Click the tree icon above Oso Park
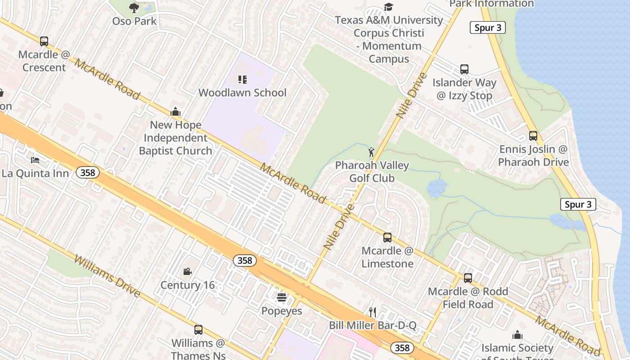tap(134, 7)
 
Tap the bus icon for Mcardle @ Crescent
tap(44, 41)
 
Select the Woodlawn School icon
tap(243, 80)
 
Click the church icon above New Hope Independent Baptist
tap(175, 112)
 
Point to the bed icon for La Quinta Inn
tap(35, 160)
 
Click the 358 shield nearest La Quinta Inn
tap(87, 172)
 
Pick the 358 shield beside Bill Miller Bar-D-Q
tap(402, 347)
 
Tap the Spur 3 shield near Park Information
tap(488, 27)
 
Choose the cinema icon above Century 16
tap(188, 271)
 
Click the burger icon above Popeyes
tap(282, 297)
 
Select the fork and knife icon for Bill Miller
tap(372, 312)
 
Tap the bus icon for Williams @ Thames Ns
tap(198, 330)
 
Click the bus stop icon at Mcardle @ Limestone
tap(387, 237)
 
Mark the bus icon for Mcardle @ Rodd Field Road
tap(468, 278)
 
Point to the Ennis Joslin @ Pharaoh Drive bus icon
tap(533, 135)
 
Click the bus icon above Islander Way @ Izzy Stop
tap(464, 69)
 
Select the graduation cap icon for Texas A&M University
tap(388, 7)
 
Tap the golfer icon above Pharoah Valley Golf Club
tap(371, 152)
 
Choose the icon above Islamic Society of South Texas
tap(517, 335)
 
